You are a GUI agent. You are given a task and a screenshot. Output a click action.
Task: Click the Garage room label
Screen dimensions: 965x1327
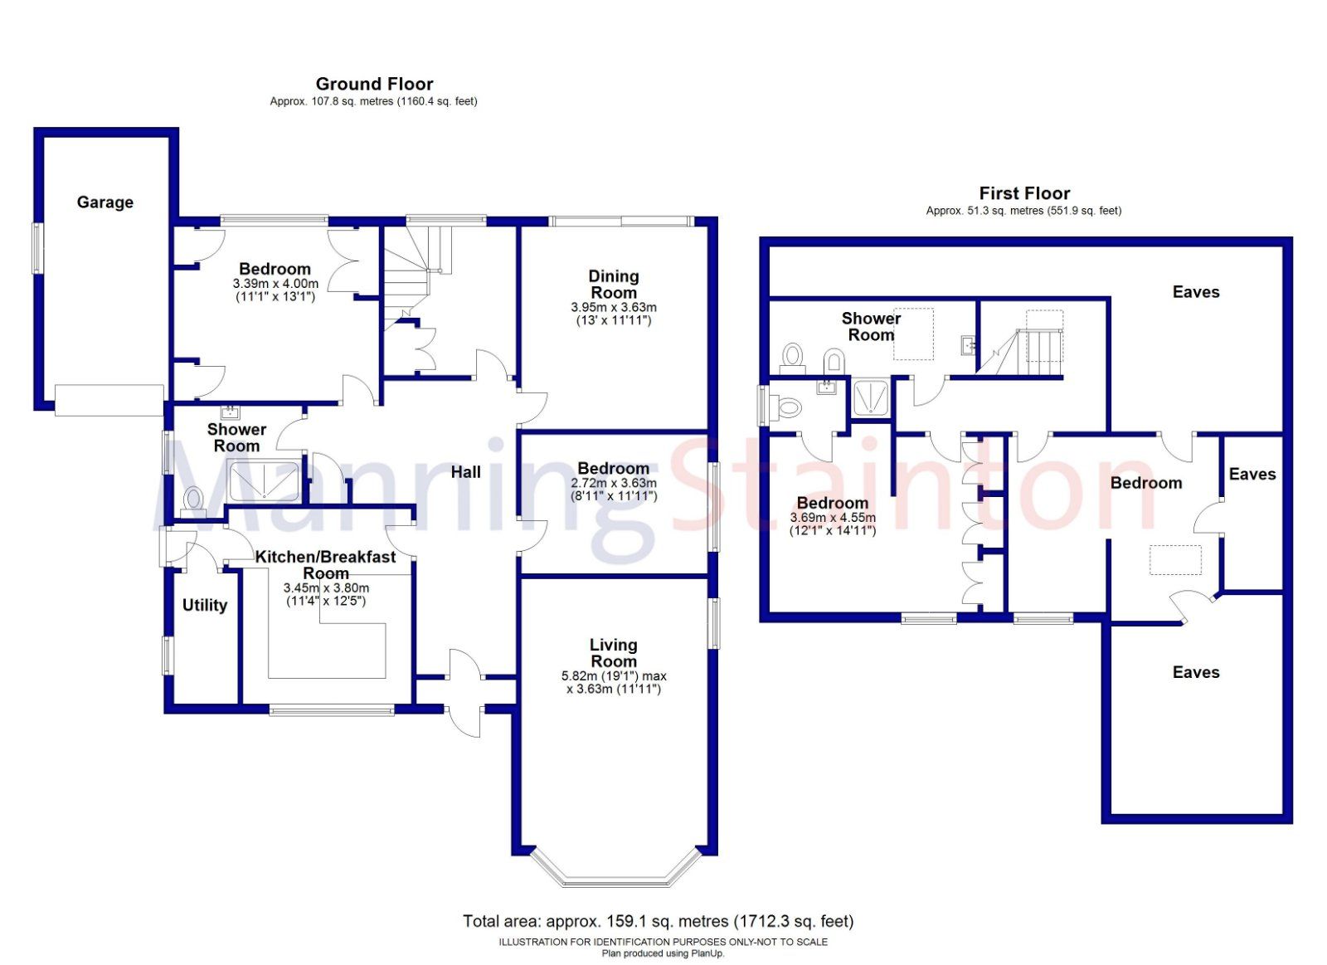pyautogui.click(x=105, y=202)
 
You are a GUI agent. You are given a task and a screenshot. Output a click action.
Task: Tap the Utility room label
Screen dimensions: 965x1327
pyautogui.click(x=204, y=605)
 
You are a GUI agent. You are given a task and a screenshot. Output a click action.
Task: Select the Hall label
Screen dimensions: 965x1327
pyautogui.click(x=465, y=472)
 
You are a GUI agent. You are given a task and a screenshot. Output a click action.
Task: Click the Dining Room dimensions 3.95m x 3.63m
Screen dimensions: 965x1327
pyautogui.click(x=613, y=307)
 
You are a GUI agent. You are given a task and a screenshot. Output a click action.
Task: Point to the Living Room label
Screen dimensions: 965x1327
pyautogui.click(x=613, y=653)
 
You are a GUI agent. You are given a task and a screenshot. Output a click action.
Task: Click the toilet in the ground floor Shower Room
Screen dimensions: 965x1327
pyautogui.click(x=194, y=500)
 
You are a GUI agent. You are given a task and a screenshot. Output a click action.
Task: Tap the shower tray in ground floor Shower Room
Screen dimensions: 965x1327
pyautogui.click(x=264, y=481)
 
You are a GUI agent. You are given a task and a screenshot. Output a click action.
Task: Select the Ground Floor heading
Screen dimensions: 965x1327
pyautogui.click(x=374, y=84)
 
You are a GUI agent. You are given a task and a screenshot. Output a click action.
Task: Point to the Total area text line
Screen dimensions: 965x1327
pyautogui.click(x=658, y=921)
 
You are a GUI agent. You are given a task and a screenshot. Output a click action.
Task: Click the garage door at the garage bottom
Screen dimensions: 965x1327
pyautogui.click(x=109, y=400)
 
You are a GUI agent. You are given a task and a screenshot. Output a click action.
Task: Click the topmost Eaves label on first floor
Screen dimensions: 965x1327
pyautogui.click(x=1195, y=292)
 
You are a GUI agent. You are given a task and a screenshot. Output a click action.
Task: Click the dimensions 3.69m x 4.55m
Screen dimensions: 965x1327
pyautogui.click(x=832, y=518)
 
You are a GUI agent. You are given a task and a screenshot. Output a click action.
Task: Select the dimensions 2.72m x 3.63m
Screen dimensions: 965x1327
pyautogui.click(x=613, y=483)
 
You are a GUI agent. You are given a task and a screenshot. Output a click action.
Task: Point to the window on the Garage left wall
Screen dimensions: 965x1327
pyautogui.click(x=36, y=247)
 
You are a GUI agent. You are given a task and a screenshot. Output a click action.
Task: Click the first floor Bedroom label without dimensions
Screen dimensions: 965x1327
pyautogui.click(x=1145, y=483)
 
